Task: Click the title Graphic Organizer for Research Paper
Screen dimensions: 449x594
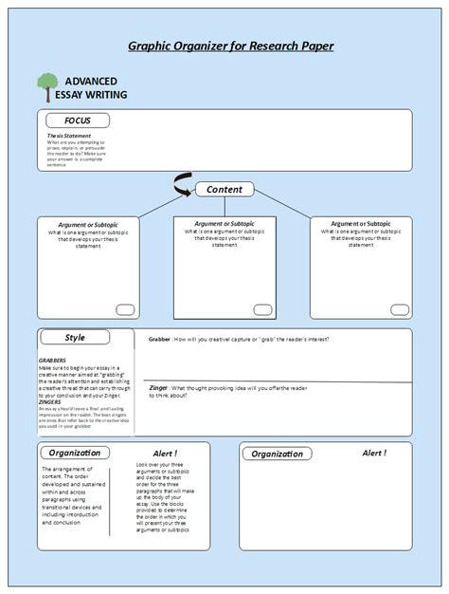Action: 230,46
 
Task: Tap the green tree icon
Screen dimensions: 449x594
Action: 46,86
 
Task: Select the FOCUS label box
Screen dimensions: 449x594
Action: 78,121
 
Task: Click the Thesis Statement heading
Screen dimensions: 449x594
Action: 69,136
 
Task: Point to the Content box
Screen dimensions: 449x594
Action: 224,190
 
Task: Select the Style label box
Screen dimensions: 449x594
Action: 75,338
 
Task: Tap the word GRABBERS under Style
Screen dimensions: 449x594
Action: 52,361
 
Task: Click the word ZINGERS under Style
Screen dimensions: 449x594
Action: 50,401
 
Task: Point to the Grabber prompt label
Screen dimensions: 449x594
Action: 160,339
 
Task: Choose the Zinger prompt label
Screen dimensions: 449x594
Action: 158,387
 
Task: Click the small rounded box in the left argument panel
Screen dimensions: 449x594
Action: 125,308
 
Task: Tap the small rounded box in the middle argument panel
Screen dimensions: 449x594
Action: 262,308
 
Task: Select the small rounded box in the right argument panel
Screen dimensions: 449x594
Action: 399,308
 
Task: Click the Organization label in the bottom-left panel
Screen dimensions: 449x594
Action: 75,453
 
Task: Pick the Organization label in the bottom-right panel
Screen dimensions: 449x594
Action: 278,454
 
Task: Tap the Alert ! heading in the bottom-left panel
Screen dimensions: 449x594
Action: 165,454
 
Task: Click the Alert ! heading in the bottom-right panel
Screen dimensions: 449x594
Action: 374,454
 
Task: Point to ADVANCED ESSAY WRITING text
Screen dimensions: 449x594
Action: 96,88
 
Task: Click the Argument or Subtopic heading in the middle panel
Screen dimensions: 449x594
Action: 224,223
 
